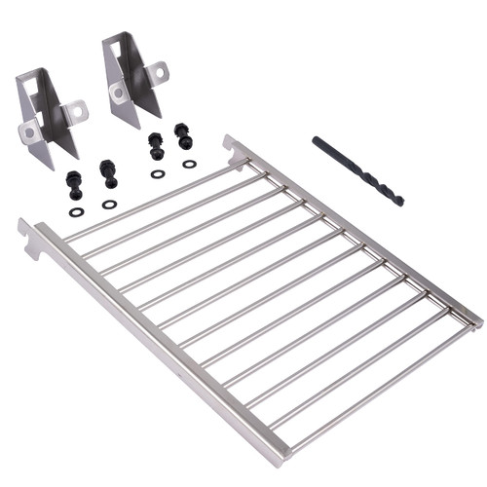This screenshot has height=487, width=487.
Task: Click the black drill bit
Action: tap(357, 170)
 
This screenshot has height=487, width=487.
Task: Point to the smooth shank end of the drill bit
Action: tap(317, 140)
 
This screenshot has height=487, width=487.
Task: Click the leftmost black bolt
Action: tap(74, 183)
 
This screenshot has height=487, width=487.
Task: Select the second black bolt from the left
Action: tap(108, 173)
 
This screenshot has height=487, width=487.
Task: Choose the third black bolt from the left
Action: tap(156, 146)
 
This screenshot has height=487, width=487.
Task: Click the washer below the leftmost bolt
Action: tap(76, 210)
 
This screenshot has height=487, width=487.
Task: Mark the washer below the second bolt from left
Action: tap(109, 204)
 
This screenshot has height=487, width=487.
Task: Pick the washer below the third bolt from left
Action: tap(158, 174)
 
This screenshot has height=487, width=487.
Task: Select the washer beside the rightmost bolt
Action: tap(189, 164)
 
